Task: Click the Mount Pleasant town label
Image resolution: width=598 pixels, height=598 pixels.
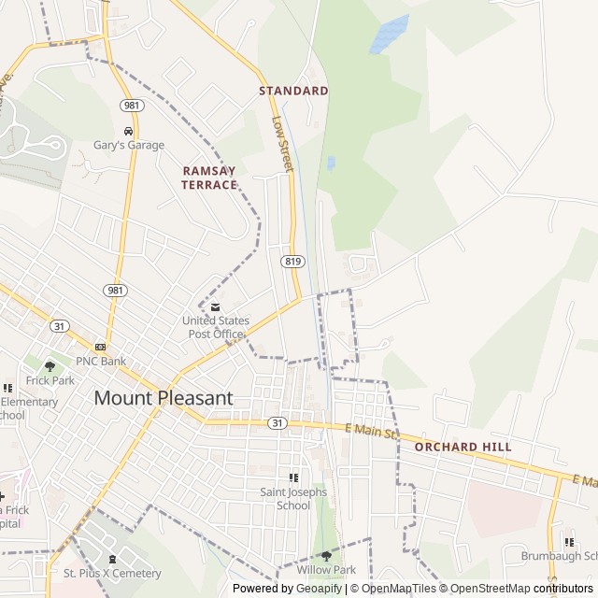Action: (x=163, y=397)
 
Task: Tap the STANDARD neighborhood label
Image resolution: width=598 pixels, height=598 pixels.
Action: (x=293, y=91)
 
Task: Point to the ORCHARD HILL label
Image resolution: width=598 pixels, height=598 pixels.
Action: (x=463, y=447)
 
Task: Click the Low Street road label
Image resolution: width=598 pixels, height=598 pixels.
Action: (x=281, y=144)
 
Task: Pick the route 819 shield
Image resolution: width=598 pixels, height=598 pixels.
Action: (x=291, y=262)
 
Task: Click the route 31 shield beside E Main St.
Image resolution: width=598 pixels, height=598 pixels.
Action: (x=277, y=423)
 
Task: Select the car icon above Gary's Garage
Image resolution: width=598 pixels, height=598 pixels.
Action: (x=128, y=130)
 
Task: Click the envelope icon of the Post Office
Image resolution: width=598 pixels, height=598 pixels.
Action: (x=216, y=307)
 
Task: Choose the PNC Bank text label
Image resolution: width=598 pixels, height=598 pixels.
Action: (x=101, y=361)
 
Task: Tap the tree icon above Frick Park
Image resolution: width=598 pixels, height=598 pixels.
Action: (x=50, y=366)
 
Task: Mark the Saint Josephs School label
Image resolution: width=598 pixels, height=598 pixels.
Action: (x=293, y=499)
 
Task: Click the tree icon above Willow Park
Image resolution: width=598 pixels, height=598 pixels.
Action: (x=326, y=556)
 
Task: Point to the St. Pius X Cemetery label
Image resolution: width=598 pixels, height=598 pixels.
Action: (x=112, y=573)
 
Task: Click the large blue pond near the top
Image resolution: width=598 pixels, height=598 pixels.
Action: (x=389, y=35)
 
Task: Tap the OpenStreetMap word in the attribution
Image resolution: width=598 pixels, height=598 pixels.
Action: (x=487, y=589)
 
